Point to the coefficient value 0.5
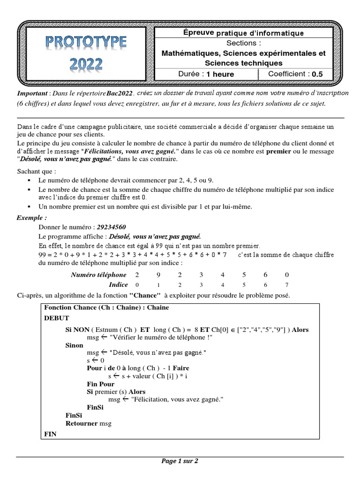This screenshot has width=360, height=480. tap(317, 74)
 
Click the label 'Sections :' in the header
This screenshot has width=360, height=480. tap(243, 43)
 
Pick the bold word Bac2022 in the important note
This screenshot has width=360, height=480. tap(120, 93)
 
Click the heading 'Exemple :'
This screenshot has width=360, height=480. tap(32, 218)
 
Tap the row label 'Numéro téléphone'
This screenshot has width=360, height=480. tap(98, 275)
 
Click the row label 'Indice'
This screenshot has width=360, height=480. tap(118, 285)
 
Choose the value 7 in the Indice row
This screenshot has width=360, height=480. tap(286, 285)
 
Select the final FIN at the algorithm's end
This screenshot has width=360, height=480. tap(50, 434)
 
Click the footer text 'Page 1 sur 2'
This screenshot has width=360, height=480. tap(180, 461)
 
